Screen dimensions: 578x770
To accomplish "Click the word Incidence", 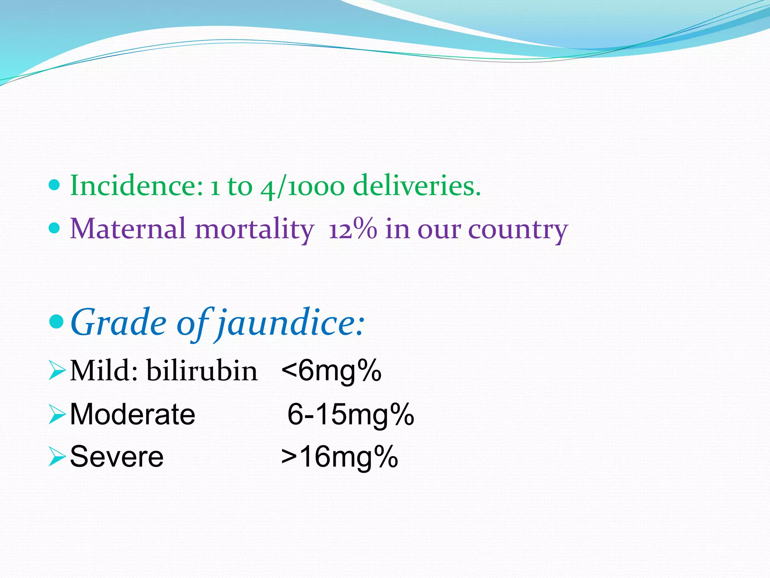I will (136, 186).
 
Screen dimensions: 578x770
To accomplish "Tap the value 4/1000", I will (302, 187).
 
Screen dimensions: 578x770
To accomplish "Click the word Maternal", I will (128, 228).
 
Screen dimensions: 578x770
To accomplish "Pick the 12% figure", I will (352, 228).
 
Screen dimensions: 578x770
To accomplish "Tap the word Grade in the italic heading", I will (118, 322).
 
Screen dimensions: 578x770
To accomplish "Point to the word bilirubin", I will (202, 371).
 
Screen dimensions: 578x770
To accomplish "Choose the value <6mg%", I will (331, 371).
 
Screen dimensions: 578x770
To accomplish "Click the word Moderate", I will (132, 414).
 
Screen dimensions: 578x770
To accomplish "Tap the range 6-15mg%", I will (350, 414).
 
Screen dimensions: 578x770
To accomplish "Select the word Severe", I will (117, 456).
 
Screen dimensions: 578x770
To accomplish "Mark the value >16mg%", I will (340, 457).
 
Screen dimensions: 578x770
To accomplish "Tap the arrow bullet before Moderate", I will (57, 415).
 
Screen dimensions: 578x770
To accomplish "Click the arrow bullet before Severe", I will (57, 457).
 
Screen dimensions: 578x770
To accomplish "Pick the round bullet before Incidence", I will (55, 185).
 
